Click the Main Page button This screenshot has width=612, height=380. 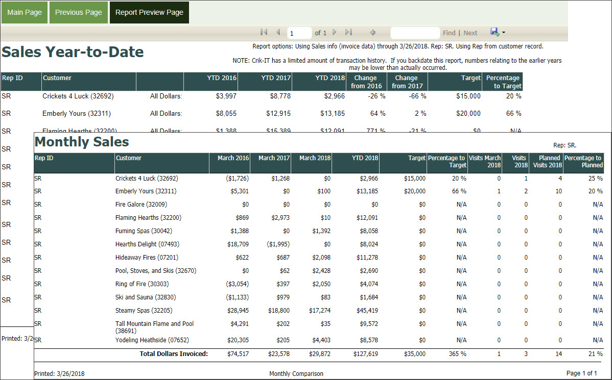pyautogui.click(x=25, y=12)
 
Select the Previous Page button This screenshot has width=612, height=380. pyautogui.click(x=79, y=12)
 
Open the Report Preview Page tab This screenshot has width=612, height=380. pyautogui.click(x=149, y=12)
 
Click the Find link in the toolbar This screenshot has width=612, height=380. pyautogui.click(x=449, y=33)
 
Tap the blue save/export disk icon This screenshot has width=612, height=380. pyautogui.click(x=495, y=32)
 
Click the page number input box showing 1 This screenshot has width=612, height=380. pyautogui.click(x=299, y=33)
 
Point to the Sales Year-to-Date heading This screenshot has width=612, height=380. pyautogui.click(x=73, y=52)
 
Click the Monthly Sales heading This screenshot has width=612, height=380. pyautogui.click(x=82, y=142)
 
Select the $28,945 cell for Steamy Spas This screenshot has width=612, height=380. pyautogui.click(x=236, y=311)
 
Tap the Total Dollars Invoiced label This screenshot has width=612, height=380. pyautogui.click(x=174, y=354)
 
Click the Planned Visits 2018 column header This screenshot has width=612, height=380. pyautogui.click(x=547, y=162)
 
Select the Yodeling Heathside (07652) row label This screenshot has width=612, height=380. pyautogui.click(x=152, y=340)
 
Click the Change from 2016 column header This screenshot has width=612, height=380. pyautogui.click(x=366, y=82)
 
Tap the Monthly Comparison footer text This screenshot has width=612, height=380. pyautogui.click(x=296, y=374)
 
